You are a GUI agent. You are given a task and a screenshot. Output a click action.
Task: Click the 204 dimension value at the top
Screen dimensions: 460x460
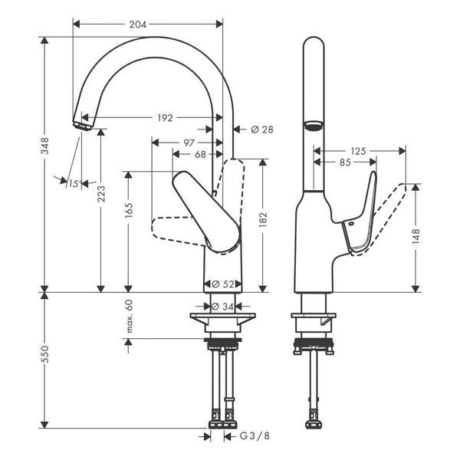click(137, 25)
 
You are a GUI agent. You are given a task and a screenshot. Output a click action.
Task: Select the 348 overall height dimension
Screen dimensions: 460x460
click(45, 146)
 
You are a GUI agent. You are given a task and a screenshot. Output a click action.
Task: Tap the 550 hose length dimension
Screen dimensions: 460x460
click(45, 353)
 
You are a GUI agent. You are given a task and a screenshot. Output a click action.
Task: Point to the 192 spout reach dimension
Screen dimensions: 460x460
click(165, 118)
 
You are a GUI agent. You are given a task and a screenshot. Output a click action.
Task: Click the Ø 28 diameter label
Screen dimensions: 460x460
click(262, 130)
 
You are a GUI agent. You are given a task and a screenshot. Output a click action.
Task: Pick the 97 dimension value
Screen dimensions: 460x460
click(189, 143)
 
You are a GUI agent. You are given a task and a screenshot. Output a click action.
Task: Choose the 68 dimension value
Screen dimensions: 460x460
click(200, 154)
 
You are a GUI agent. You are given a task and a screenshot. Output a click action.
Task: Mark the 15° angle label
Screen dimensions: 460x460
click(74, 184)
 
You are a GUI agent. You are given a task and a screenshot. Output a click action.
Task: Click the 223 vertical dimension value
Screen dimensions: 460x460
click(101, 194)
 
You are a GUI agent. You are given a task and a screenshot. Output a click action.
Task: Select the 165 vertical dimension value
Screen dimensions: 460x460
click(129, 210)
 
